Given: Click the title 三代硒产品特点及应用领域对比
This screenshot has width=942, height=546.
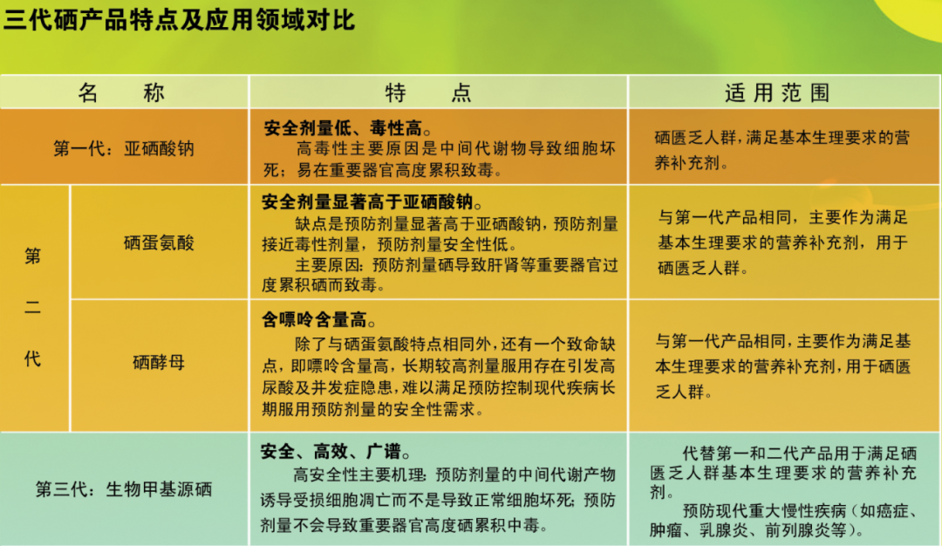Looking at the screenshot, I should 180,20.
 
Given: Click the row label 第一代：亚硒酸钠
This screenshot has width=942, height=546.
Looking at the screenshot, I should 124,148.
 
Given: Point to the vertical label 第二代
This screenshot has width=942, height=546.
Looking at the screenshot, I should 32,307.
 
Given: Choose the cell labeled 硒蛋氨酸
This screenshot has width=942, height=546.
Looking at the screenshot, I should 159,242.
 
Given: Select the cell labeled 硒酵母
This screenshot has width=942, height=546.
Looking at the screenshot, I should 159,362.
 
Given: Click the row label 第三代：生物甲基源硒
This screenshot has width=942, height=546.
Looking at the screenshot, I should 124,488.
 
